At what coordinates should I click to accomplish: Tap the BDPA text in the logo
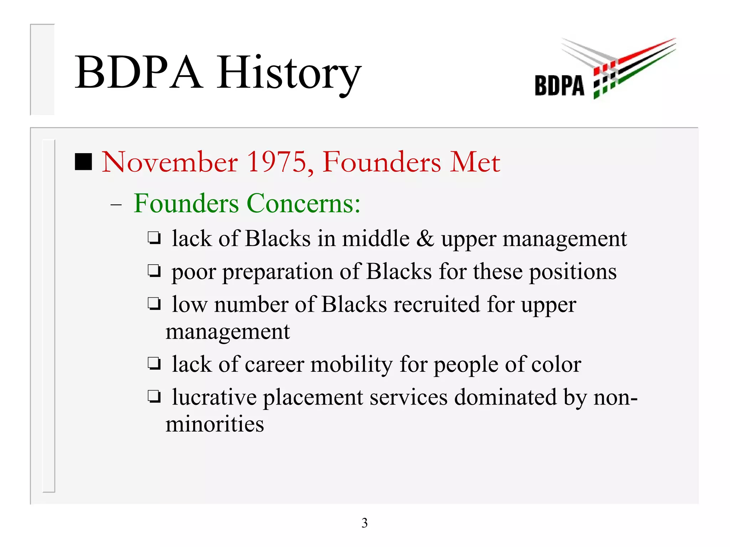pos(559,85)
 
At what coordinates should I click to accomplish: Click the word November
pos(170,162)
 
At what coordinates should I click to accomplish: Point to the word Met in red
pos(474,162)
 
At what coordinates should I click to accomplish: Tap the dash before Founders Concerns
pos(116,205)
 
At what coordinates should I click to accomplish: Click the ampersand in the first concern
pos(425,238)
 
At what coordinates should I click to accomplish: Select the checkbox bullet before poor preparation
pos(154,271)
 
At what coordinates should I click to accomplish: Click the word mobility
pos(351,364)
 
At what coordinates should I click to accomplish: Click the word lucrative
pos(214,397)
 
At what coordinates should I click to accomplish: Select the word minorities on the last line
pos(215,424)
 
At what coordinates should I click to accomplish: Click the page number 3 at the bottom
pos(364,523)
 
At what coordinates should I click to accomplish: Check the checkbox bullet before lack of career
pos(154,364)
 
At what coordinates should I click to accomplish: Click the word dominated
pos(505,397)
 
